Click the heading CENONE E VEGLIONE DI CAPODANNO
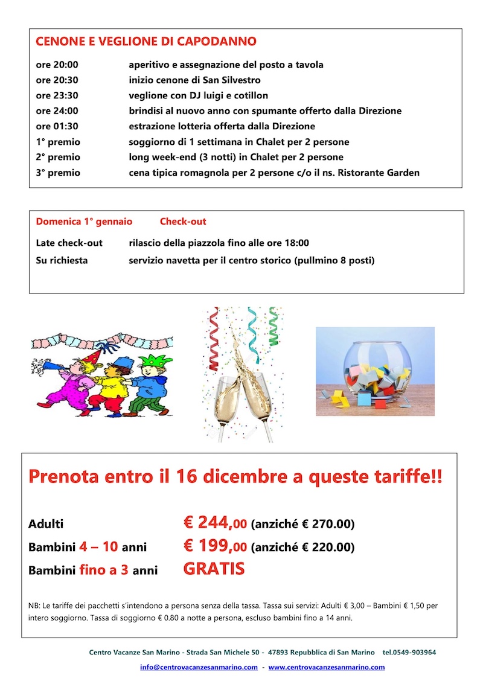click(x=146, y=42)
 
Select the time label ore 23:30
click(x=57, y=95)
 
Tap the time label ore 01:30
click(x=57, y=126)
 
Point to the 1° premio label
click(x=58, y=142)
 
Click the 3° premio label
click(x=58, y=173)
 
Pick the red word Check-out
click(x=183, y=222)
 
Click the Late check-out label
click(x=69, y=243)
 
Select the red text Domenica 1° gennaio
click(x=84, y=222)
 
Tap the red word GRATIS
click(x=214, y=569)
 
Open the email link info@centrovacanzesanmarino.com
click(x=199, y=667)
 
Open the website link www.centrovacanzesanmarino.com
click(x=326, y=667)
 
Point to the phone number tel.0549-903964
click(x=409, y=653)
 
